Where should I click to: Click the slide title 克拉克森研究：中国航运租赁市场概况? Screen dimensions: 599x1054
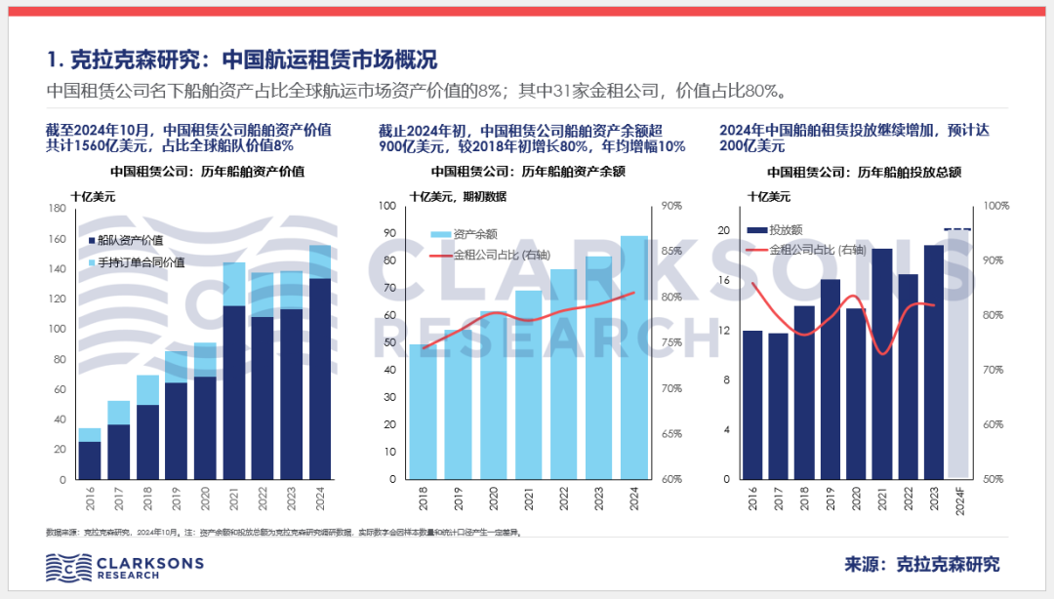click(x=242, y=59)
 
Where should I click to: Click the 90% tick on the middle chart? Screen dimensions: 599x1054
click(x=671, y=206)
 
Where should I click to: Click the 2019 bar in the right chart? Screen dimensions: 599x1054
click(x=831, y=379)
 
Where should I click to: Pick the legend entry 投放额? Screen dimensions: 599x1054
click(x=777, y=230)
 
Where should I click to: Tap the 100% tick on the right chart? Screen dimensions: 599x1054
click(x=993, y=207)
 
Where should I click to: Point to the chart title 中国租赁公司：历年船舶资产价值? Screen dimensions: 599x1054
click(x=208, y=172)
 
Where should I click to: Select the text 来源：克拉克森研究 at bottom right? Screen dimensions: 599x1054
click(x=921, y=565)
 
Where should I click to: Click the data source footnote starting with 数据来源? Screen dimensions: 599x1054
click(x=283, y=533)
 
